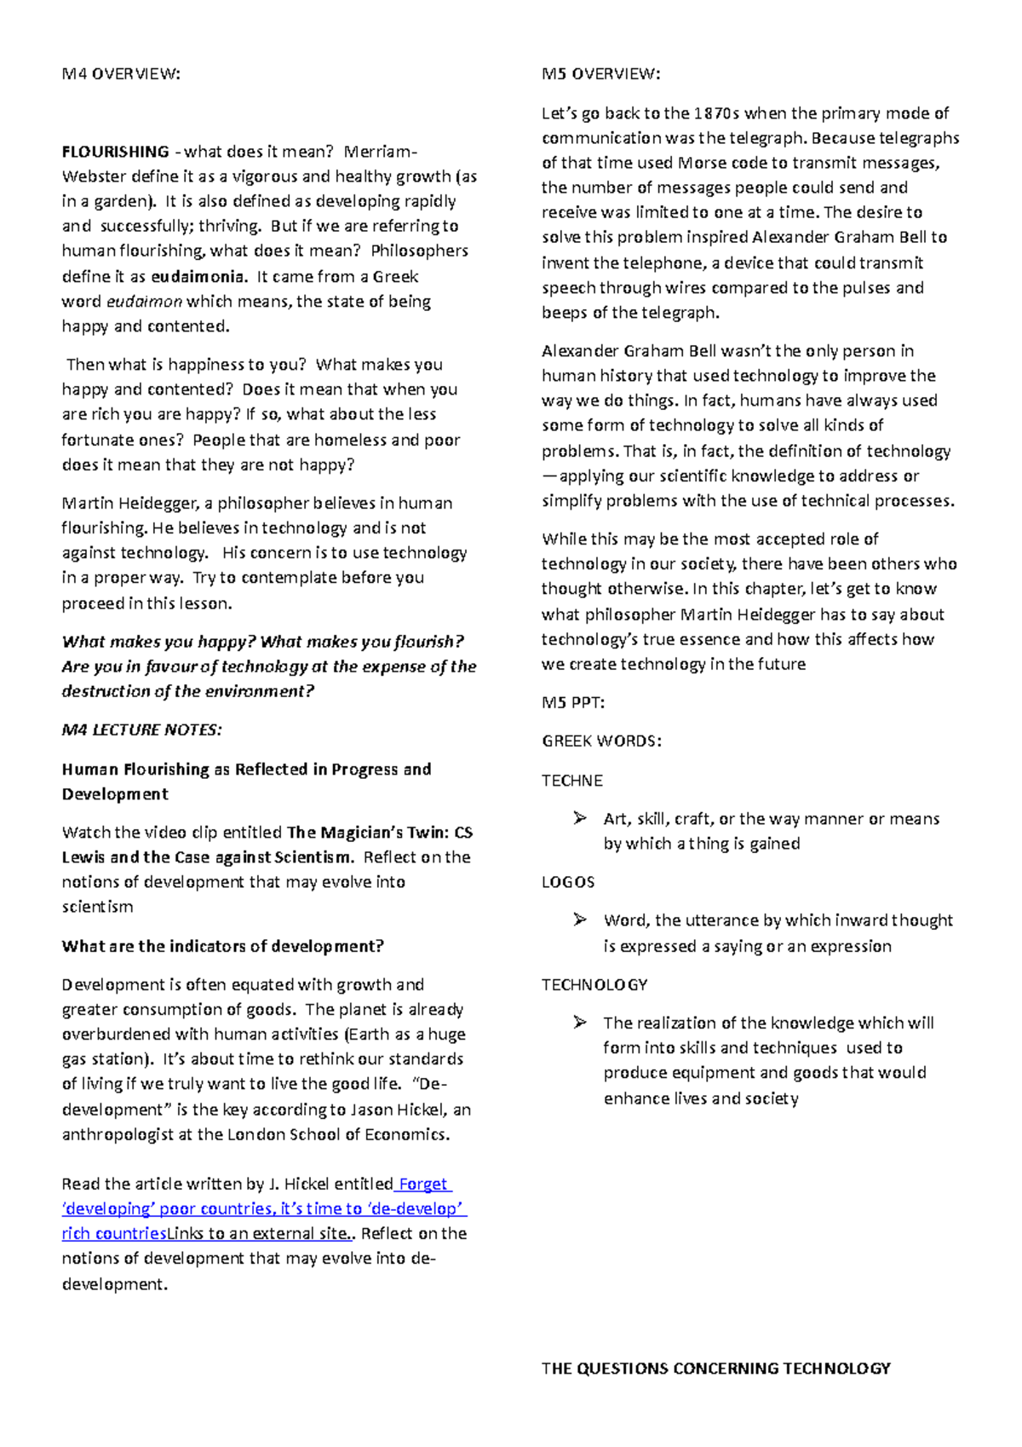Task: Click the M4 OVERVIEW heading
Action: click(x=121, y=74)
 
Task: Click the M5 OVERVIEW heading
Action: click(x=600, y=74)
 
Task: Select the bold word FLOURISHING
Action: click(x=115, y=152)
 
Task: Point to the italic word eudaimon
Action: click(x=144, y=302)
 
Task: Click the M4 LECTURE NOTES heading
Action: click(x=141, y=730)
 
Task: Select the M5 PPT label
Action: click(x=573, y=703)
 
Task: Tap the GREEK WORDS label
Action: click(x=601, y=741)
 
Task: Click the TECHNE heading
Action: click(x=572, y=781)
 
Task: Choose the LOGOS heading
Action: click(x=568, y=882)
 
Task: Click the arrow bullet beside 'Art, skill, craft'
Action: click(x=580, y=818)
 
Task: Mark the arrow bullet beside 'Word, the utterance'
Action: click(x=580, y=920)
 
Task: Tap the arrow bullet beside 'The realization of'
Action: click(x=580, y=1022)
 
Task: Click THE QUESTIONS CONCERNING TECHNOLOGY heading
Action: click(x=715, y=1369)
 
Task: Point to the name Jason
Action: click(x=374, y=1110)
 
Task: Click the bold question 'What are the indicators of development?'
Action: click(x=222, y=946)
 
